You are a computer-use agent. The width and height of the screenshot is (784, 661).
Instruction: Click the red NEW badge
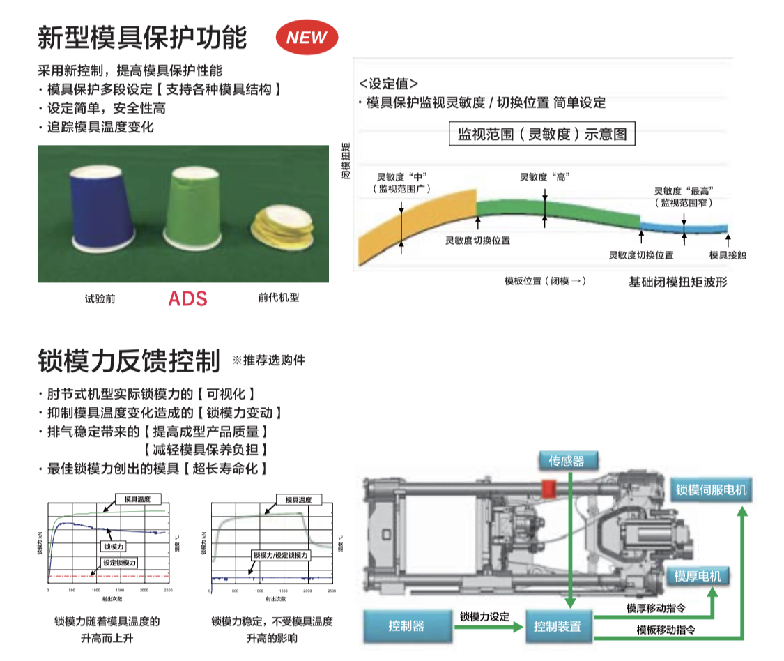(x=307, y=38)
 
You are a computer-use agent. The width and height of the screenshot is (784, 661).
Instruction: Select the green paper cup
(x=192, y=207)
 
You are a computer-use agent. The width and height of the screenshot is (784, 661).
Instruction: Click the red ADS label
(x=187, y=298)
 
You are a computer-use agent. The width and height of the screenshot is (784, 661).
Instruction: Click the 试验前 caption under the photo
(x=100, y=298)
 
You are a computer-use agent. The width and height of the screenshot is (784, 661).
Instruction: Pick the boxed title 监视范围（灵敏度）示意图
(x=542, y=134)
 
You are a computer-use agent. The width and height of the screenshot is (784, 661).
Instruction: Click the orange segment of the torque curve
(x=418, y=223)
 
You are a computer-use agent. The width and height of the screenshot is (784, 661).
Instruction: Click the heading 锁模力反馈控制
(x=129, y=360)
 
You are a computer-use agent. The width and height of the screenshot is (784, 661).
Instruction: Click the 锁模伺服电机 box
(x=711, y=489)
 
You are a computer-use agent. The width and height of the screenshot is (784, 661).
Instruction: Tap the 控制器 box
(x=406, y=625)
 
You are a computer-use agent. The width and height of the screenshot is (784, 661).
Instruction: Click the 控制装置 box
(x=557, y=626)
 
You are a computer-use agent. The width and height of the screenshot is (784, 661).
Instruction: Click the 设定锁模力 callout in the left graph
(x=120, y=562)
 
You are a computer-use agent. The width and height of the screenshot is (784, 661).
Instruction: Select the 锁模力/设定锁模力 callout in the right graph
(x=280, y=555)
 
